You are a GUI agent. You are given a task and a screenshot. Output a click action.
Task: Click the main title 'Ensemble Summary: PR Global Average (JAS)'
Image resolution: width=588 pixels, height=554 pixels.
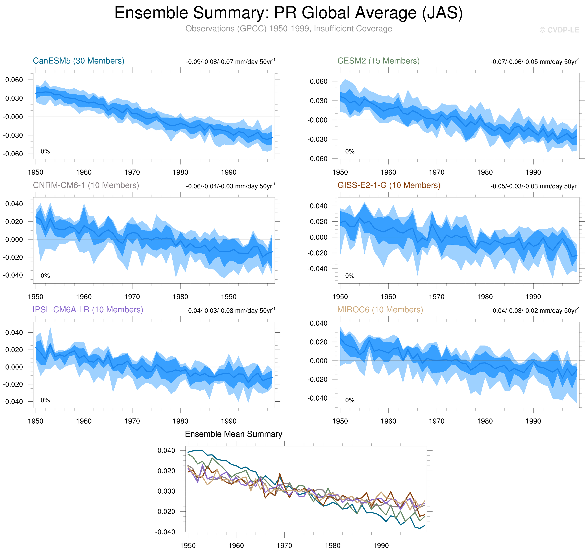click(x=288, y=13)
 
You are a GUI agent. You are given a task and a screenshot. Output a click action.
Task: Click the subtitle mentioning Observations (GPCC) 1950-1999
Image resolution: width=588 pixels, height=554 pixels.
click(x=288, y=29)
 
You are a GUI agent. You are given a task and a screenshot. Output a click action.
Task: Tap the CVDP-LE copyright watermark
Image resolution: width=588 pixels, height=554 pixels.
click(x=559, y=30)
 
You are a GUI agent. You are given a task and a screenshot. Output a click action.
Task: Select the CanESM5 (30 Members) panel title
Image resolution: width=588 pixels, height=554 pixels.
click(x=78, y=61)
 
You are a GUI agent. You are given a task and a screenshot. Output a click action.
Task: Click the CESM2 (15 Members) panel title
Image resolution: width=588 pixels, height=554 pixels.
click(x=378, y=61)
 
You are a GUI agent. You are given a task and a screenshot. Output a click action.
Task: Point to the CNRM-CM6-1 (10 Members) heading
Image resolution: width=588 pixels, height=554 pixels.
click(x=86, y=185)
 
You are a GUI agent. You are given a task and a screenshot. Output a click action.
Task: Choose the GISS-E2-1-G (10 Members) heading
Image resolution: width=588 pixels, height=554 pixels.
click(x=389, y=185)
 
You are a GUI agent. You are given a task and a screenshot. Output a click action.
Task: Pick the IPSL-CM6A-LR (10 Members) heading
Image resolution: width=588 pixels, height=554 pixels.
click(x=88, y=310)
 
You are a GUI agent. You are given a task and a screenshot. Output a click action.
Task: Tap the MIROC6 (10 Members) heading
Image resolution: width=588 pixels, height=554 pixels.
click(x=380, y=310)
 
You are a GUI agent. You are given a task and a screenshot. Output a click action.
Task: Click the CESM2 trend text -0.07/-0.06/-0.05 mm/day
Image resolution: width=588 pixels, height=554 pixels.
click(x=535, y=62)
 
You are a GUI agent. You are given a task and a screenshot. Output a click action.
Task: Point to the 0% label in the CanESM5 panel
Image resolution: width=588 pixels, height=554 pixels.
click(x=45, y=152)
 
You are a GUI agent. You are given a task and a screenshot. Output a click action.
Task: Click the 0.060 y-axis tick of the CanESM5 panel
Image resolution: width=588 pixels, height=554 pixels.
click(x=14, y=80)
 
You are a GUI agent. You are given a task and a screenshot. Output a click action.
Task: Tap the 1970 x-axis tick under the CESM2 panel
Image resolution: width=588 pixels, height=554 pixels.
click(x=437, y=172)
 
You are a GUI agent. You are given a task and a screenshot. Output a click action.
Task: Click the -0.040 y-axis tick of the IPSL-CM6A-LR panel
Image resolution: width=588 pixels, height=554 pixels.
click(x=13, y=401)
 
